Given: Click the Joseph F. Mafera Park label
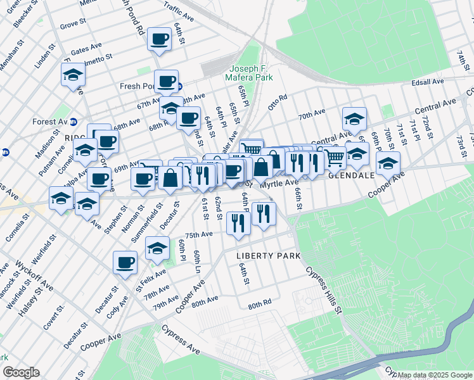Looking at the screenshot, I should pos(250,73).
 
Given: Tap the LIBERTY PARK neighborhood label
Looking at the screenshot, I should pos(268,255).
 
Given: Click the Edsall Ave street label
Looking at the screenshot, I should pos(429,82).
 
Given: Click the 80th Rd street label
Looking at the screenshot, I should pos(259,305).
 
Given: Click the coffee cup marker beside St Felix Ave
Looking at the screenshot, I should pos(125,262).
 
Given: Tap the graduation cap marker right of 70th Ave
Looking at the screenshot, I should pos(354,118).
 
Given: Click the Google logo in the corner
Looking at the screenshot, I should pos(21,372).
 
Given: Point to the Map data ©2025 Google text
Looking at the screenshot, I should pos(435,375).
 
